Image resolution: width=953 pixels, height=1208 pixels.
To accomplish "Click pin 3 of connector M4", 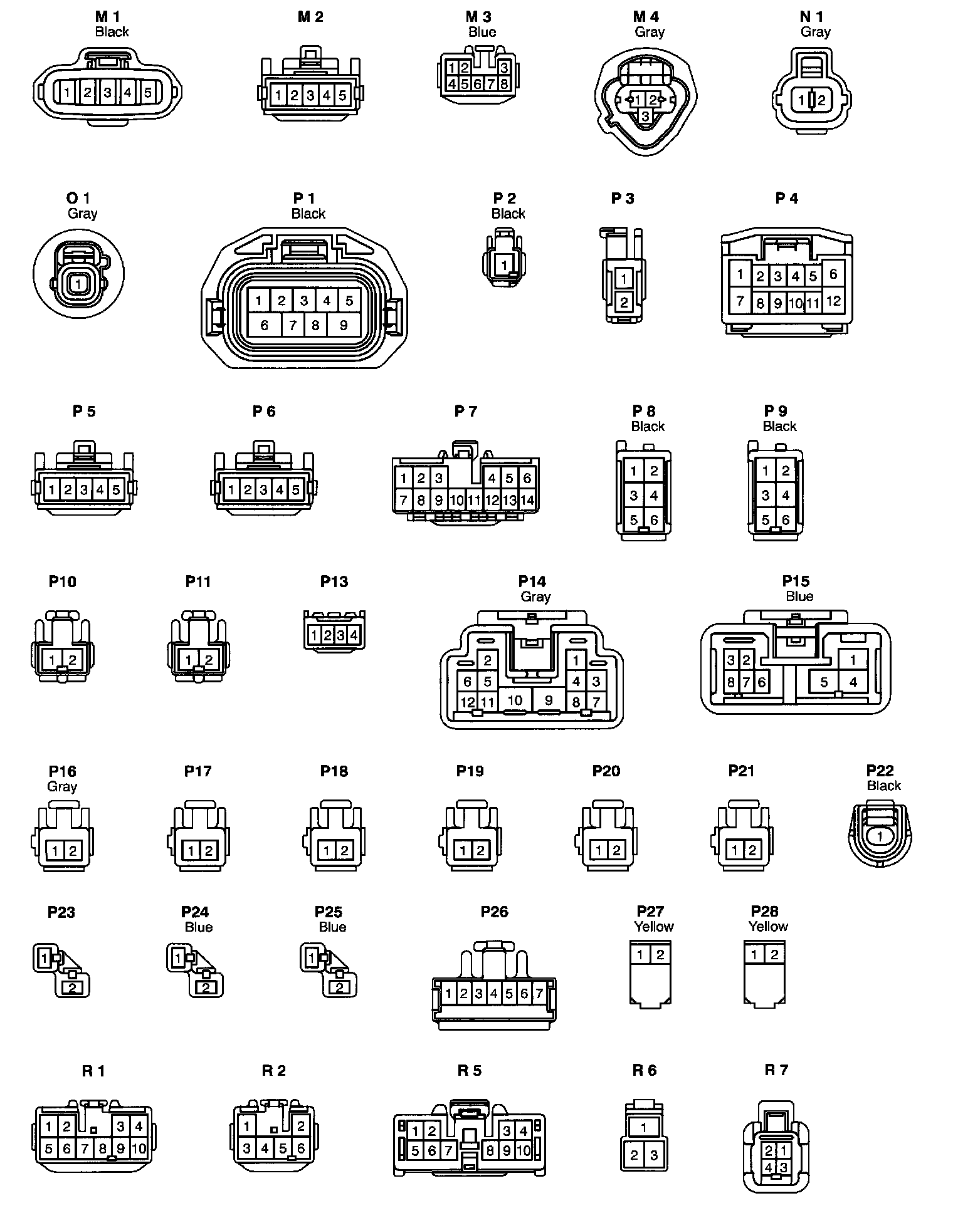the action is click(645, 117).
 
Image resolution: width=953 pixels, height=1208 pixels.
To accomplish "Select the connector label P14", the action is click(532, 581).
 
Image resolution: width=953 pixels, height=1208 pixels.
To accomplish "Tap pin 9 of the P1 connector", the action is click(344, 325).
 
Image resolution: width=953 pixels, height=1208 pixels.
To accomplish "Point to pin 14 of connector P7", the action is click(527, 500).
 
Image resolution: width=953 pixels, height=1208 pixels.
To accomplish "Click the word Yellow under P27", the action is click(654, 926).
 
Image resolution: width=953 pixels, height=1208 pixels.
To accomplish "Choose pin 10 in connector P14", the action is click(515, 700).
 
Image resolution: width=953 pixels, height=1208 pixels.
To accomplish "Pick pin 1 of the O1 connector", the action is click(78, 284).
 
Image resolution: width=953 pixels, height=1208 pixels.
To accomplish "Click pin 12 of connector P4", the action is click(833, 301).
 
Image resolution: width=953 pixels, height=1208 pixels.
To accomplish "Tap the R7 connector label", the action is click(776, 1070).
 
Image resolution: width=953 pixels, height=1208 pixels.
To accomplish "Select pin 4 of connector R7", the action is click(769, 1168).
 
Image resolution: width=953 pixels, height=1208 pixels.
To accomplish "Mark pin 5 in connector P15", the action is click(824, 682).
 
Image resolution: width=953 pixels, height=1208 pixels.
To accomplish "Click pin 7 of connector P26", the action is click(539, 994).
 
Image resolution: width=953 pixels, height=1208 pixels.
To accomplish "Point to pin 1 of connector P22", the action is click(880, 836).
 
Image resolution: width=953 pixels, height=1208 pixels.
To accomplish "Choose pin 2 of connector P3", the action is click(624, 303).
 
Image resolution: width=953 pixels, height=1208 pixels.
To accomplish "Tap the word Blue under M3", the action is click(482, 32).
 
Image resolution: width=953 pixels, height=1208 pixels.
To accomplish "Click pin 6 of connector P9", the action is click(786, 519).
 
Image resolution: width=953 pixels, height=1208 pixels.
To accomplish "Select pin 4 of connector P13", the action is click(354, 635).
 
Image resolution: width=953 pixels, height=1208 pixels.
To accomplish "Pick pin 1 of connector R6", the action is click(644, 1127).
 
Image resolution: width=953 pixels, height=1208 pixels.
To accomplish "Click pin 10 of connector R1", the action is click(139, 1148).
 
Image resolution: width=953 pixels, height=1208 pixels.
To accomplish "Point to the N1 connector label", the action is click(812, 17).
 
